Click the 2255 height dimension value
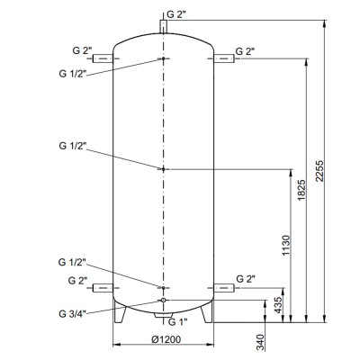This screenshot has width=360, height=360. coord(319,171)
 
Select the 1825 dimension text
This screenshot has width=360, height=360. coord(301,190)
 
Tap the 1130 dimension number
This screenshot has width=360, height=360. coord(286,246)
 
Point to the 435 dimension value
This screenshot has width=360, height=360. coord(279,305)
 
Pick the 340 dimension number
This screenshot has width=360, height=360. coord(261,342)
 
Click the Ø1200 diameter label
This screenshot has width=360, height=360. coord(166,339)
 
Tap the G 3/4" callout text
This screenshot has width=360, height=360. coord(72,314)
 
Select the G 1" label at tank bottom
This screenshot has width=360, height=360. coord(177,322)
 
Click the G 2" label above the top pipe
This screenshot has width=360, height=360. coord(176,14)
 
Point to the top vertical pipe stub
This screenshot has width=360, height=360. coord(163,26)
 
